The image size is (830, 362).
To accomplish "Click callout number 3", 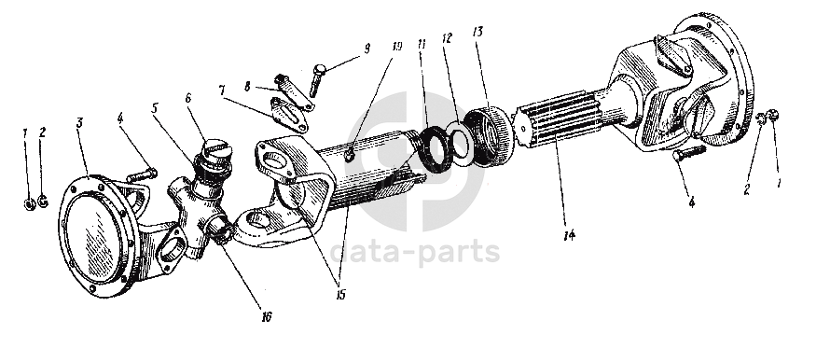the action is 79,123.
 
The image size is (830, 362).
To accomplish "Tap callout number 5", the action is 154,108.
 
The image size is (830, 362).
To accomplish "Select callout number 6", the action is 187,99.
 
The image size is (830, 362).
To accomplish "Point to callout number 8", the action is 247,86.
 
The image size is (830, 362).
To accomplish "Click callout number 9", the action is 367,49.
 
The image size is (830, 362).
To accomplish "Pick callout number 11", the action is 422,45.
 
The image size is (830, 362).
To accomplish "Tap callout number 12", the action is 448,38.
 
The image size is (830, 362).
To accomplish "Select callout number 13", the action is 478,32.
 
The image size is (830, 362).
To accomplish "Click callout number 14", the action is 569,235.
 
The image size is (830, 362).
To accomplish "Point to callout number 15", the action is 340,295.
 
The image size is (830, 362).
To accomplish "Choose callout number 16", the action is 267,316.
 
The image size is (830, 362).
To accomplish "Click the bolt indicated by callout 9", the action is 316,80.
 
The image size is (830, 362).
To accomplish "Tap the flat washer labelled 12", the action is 459,144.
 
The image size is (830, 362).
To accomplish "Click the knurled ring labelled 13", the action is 490,135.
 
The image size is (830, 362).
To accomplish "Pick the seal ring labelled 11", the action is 434,149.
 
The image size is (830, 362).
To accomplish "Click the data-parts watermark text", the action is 415,253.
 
